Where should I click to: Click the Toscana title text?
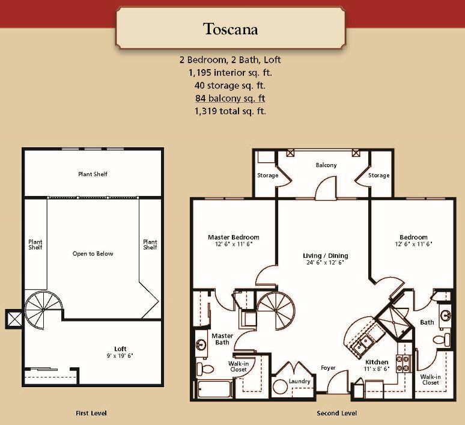coord(230,29)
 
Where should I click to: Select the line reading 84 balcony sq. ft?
coord(230,99)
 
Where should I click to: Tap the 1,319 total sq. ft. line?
coord(230,111)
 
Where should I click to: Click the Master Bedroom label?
coord(234,237)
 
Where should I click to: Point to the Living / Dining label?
coord(325,256)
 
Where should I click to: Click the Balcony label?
coord(326,165)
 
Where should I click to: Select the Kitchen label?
coord(377,362)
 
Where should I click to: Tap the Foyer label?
coord(328,368)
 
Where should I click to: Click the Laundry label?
coord(299,382)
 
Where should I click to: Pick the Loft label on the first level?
coord(120,349)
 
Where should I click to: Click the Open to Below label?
coord(93,254)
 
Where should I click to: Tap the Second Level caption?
coord(336,414)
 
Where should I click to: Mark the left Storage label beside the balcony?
coord(267,176)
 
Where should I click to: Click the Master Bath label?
coord(222,339)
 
